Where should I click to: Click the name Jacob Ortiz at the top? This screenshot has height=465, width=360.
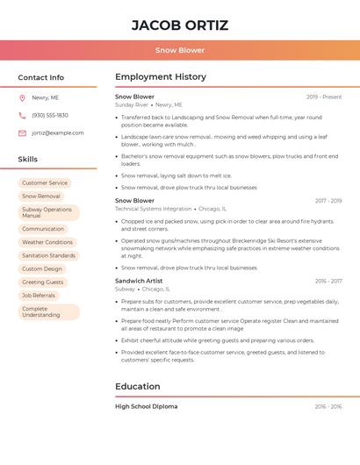(179, 25)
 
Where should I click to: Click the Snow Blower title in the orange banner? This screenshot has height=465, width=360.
(180, 50)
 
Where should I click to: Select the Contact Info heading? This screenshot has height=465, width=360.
(41, 77)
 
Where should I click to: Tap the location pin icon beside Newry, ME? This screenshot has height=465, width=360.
(22, 98)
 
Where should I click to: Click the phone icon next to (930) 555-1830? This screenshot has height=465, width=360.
(22, 116)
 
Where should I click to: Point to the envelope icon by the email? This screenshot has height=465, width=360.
(22, 133)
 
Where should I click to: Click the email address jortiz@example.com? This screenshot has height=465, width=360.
(58, 133)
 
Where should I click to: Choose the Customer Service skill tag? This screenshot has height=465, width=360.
(45, 183)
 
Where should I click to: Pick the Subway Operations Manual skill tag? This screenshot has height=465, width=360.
(48, 212)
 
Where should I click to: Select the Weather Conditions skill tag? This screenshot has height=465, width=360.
(47, 242)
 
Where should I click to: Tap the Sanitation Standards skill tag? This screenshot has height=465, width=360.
(48, 255)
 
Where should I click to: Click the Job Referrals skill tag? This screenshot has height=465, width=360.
(39, 296)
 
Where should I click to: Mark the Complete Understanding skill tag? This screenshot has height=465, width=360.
(48, 311)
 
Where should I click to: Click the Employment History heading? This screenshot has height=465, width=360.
(161, 77)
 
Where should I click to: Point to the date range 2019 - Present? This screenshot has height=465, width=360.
(324, 97)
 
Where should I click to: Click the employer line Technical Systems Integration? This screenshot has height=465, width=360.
(153, 209)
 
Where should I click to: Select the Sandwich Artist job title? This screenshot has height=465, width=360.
(139, 281)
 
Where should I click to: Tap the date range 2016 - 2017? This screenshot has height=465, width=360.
(328, 281)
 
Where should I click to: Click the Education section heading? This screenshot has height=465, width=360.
(138, 387)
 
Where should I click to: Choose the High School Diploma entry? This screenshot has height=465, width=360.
(146, 406)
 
